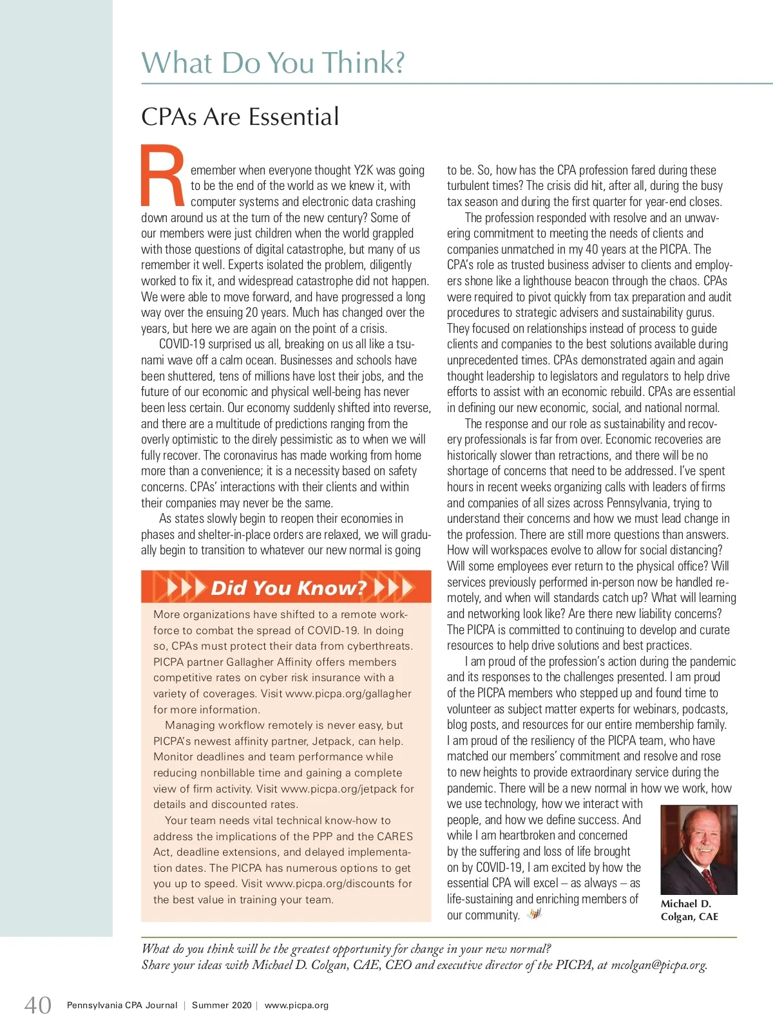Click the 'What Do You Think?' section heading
pyautogui.click(x=273, y=63)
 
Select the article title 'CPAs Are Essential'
pyautogui.click(x=240, y=117)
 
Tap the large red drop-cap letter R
pyautogui.click(x=162, y=175)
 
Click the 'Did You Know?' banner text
pyautogui.click(x=289, y=587)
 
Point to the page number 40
pyautogui.click(x=38, y=1005)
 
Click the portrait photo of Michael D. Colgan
pyautogui.click(x=699, y=849)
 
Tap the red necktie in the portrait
pyautogui.click(x=709, y=879)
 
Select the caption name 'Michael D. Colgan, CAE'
pyautogui.click(x=689, y=910)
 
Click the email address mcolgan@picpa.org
pyautogui.click(x=658, y=965)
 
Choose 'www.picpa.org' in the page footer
pyautogui.click(x=296, y=1006)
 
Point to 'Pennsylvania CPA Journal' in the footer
pyautogui.click(x=122, y=1006)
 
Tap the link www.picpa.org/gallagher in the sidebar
pyautogui.click(x=348, y=694)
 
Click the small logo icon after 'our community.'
pyautogui.click(x=534, y=914)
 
